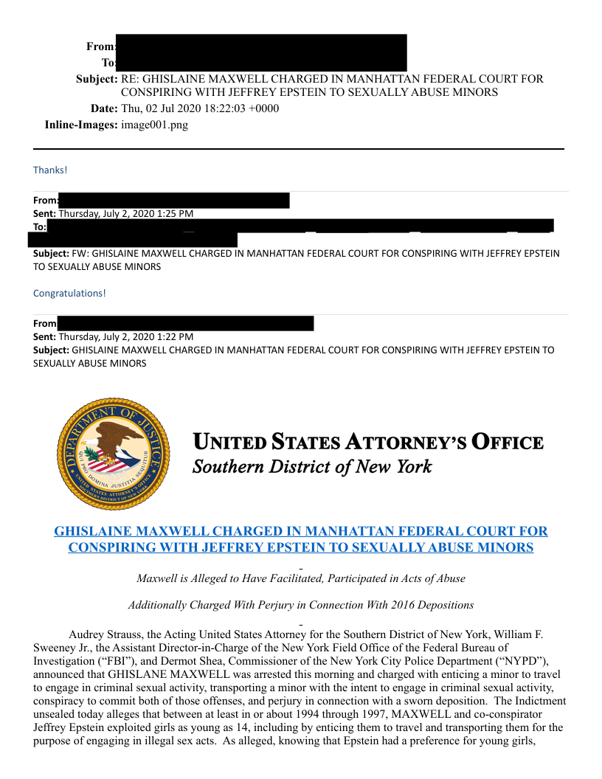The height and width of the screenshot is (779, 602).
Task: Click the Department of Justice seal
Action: coord(114,452)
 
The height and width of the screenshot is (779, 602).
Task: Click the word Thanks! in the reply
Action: coord(50,170)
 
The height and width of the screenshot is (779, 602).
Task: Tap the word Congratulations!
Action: coord(69,293)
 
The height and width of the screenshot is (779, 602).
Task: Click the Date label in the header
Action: coord(104,108)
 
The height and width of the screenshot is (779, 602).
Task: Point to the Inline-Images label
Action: coord(81,125)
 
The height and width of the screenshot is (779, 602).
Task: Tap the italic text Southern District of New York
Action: coord(312,467)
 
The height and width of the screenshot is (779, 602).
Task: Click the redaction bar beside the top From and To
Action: coord(261,52)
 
